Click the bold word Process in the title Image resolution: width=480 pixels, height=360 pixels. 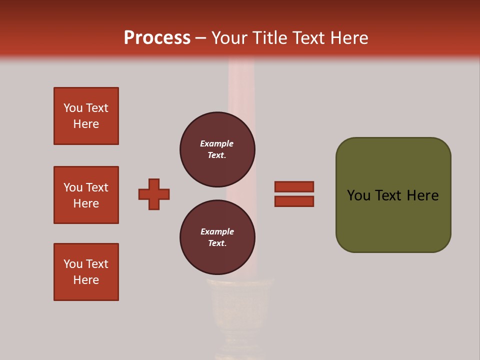click(x=157, y=37)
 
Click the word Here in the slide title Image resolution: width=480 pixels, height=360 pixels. click(x=348, y=38)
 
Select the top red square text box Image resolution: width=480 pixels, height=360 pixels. click(x=86, y=116)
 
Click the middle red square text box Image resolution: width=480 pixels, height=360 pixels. click(x=86, y=195)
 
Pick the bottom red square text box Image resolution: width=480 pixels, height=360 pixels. click(x=86, y=272)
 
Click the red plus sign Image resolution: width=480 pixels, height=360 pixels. click(x=154, y=194)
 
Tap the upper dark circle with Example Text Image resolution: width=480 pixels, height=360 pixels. click(x=217, y=149)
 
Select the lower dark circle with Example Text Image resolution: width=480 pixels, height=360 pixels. click(x=217, y=237)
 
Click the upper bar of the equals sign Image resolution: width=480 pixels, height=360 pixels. click(x=294, y=186)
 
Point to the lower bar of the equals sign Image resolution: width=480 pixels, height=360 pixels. click(x=294, y=201)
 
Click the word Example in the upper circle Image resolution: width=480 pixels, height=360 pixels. click(x=217, y=143)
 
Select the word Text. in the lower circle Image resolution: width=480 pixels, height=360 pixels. click(x=217, y=243)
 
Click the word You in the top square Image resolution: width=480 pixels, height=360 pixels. click(x=73, y=108)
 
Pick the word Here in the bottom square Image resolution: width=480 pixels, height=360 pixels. click(x=86, y=280)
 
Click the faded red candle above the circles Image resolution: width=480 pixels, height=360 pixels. click(x=241, y=85)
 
